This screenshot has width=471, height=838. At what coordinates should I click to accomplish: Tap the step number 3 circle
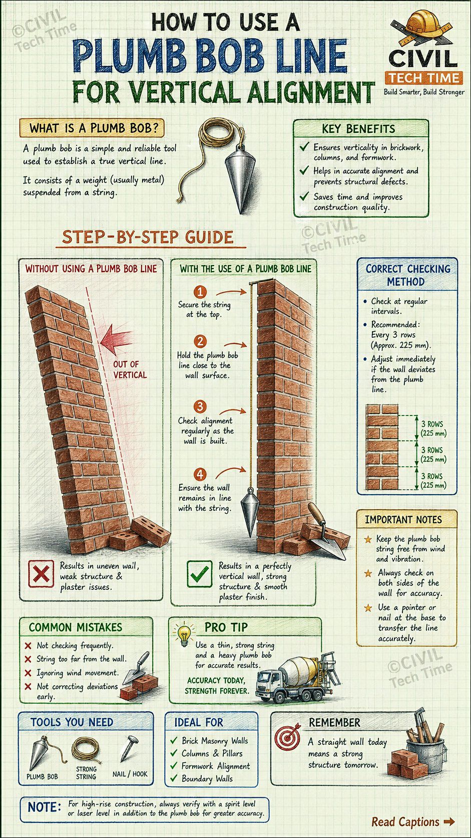pyautogui.click(x=200, y=406)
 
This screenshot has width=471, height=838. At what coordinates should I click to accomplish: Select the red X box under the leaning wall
pyautogui.click(x=41, y=573)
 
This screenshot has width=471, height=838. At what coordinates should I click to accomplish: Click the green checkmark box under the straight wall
pyautogui.click(x=199, y=574)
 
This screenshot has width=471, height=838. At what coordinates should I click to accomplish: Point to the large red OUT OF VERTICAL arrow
pyautogui.click(x=116, y=339)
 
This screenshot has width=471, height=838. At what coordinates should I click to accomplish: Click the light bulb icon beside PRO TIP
pyautogui.click(x=184, y=634)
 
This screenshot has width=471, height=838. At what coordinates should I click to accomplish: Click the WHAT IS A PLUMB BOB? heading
pyautogui.click(x=92, y=128)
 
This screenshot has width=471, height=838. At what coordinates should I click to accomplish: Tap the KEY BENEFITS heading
pyautogui.click(x=358, y=129)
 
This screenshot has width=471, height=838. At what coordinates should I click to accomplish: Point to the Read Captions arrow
pyautogui.click(x=449, y=821)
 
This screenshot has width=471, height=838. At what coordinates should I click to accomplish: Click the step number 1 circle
pyautogui.click(x=200, y=292)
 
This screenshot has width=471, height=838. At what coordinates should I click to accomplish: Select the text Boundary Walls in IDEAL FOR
pyautogui.click(x=207, y=778)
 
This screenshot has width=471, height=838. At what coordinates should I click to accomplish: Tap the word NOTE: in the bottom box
pyautogui.click(x=45, y=807)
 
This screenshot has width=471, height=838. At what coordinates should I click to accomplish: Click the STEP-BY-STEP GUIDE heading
pyautogui.click(x=148, y=237)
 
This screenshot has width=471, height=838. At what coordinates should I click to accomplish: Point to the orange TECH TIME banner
pyautogui.click(x=424, y=78)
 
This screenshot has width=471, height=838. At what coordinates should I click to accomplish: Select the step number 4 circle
pyautogui.click(x=200, y=474)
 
